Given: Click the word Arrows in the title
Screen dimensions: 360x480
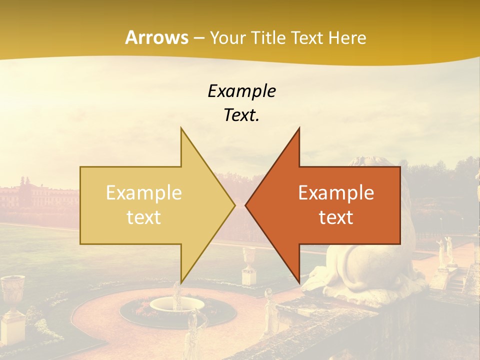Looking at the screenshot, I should point(156,37).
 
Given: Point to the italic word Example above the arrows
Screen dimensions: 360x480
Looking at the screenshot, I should point(241,91).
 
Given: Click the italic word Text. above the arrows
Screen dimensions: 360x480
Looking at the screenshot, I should point(241,115).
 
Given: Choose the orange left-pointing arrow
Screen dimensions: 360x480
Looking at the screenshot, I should point(340,205).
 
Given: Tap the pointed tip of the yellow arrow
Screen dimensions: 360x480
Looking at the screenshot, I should point(233,205).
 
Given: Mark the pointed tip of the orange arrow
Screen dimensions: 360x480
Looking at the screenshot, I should point(247,205).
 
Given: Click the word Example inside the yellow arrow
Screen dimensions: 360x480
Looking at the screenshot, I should point(144,193).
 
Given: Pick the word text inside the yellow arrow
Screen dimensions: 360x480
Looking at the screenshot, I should point(144,217).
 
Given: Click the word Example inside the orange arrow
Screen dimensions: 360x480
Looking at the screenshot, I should point(336,193).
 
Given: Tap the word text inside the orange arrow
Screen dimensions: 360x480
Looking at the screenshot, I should point(336,217).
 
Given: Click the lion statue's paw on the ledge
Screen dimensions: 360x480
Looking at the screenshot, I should point(320,280).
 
